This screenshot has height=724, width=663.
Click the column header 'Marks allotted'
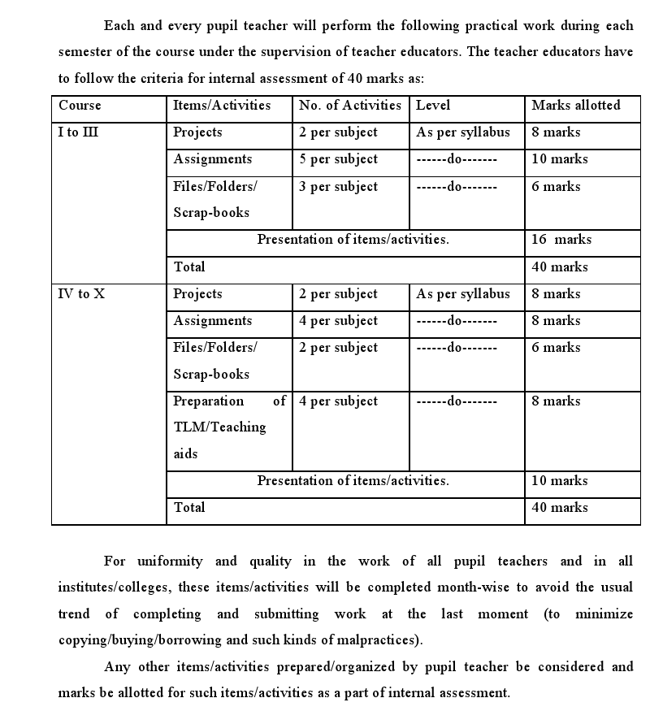pos(575,106)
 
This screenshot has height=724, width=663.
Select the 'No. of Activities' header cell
pos(349,106)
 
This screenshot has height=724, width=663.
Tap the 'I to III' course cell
pos(79,132)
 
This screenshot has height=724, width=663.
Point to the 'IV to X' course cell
pos(81,294)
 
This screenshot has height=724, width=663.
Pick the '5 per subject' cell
pos(338,159)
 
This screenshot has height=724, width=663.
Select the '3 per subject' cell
pos(338,187)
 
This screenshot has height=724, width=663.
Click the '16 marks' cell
pos(561,240)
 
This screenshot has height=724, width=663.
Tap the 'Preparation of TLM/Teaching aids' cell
pos(229,427)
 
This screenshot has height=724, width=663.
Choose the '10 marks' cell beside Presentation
pos(559,481)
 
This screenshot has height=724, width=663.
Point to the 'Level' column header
pos(432,106)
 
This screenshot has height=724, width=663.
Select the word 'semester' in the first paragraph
pos(86,52)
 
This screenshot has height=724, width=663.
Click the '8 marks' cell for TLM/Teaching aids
pos(556,401)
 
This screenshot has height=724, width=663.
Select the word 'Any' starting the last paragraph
pos(116,667)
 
